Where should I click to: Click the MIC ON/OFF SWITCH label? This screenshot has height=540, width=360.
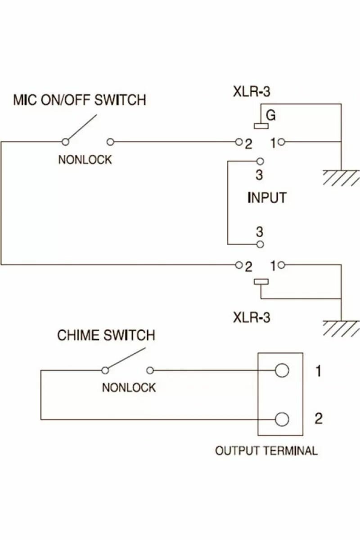click(x=80, y=100)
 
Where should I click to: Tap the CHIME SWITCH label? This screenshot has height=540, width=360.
click(x=106, y=335)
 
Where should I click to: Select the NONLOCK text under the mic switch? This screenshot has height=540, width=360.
click(x=85, y=160)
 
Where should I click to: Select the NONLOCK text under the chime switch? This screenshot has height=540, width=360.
click(x=129, y=387)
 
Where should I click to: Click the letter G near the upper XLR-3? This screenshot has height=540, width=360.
click(x=271, y=116)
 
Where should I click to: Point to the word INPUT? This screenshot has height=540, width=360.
click(x=267, y=198)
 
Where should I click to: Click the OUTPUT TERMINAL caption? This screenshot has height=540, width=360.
click(x=266, y=451)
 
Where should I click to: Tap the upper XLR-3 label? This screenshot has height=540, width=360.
click(x=252, y=92)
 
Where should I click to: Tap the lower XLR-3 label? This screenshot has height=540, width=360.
click(x=252, y=317)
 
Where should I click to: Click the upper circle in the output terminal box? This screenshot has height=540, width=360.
click(x=282, y=370)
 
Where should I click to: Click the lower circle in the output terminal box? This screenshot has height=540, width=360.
click(x=282, y=420)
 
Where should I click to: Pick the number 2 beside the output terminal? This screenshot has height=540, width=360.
click(x=319, y=418)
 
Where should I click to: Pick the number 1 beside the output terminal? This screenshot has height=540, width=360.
click(x=319, y=371)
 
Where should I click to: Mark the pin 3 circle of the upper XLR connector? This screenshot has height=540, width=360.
click(x=260, y=161)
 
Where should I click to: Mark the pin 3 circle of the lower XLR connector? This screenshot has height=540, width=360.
click(x=260, y=244)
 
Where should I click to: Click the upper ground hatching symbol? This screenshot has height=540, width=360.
click(x=341, y=178)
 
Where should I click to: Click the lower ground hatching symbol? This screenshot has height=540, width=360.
click(x=341, y=328)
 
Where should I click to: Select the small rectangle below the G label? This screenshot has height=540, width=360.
click(x=261, y=126)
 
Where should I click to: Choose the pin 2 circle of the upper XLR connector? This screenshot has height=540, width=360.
click(x=238, y=142)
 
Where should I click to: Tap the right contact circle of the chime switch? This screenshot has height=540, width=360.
click(x=150, y=370)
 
